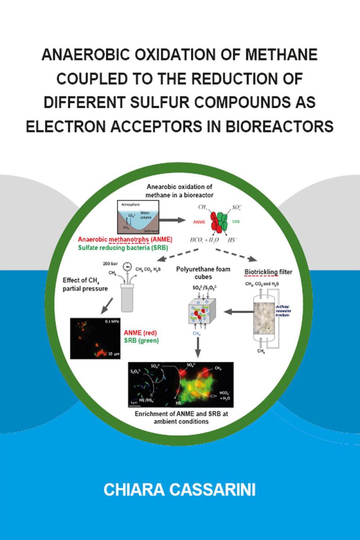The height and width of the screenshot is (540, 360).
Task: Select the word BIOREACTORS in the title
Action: tap(274, 126)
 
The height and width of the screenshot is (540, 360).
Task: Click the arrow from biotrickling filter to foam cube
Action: tap(234, 311)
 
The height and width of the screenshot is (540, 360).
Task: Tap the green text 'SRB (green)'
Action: tap(141, 341)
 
